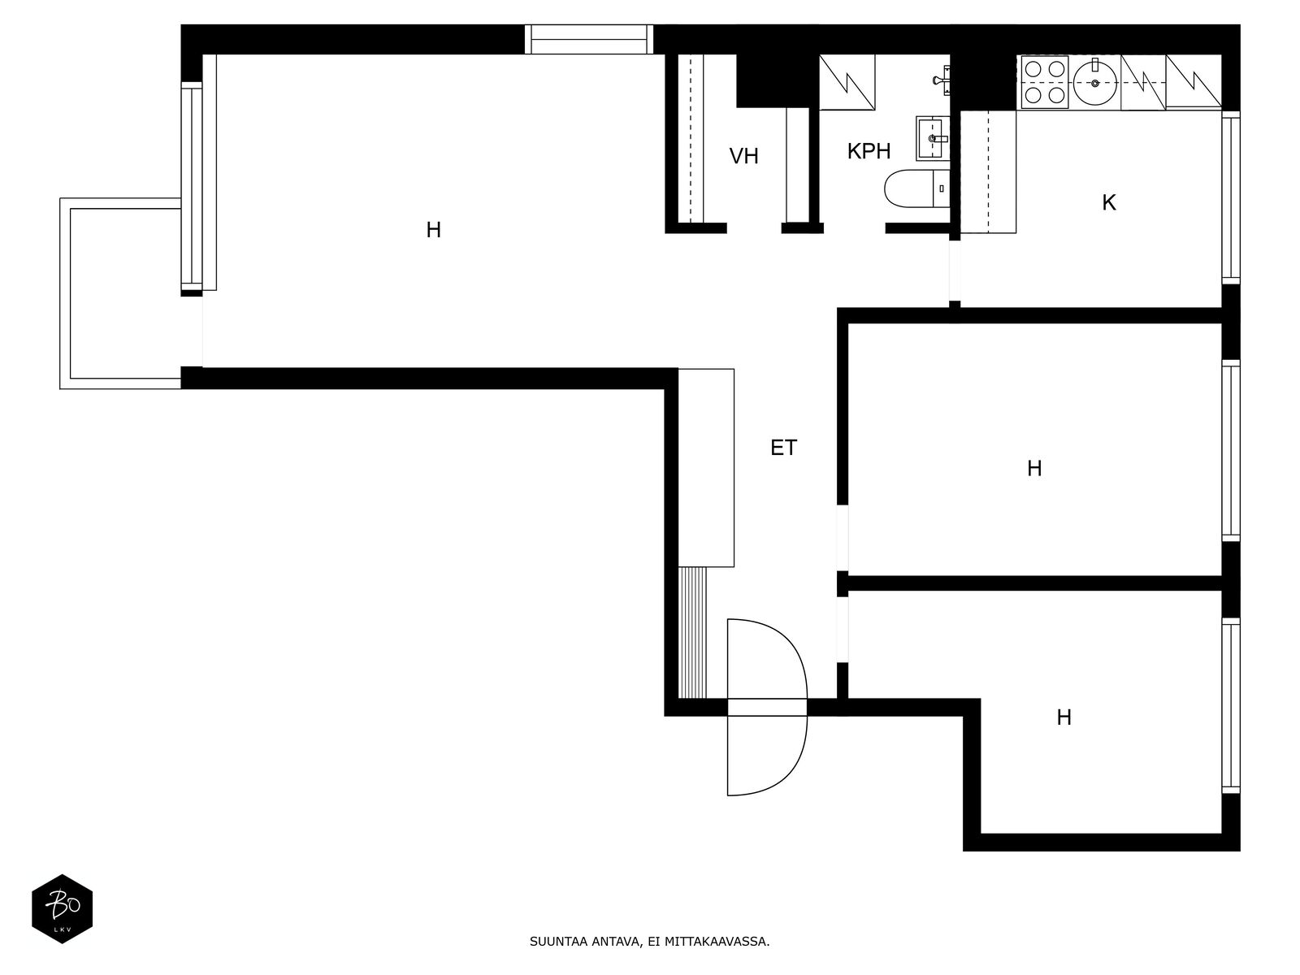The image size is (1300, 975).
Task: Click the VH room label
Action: pos(743,156)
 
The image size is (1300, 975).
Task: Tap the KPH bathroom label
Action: pos(869,152)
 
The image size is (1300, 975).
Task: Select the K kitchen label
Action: pos(1109,203)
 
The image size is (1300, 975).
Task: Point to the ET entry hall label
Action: pos(783,448)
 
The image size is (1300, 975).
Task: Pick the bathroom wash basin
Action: pos(933,138)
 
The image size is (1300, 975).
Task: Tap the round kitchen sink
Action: pos(1095,83)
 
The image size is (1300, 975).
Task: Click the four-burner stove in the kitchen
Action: pos(1044,82)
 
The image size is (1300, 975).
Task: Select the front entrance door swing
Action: pos(767,707)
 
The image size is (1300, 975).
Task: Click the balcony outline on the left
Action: pos(65,293)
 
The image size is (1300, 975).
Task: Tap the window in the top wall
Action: pos(589,39)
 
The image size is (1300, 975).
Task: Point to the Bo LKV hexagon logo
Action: pos(63,908)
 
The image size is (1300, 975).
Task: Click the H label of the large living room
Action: pos(434,230)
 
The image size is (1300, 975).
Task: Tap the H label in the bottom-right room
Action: pos(1064,717)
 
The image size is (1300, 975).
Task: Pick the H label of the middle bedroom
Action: pos(1034,468)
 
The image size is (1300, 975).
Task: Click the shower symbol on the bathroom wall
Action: pos(942,80)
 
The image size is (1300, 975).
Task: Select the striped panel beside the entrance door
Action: pos(693,632)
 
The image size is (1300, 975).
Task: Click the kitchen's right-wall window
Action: pos(1231,197)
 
